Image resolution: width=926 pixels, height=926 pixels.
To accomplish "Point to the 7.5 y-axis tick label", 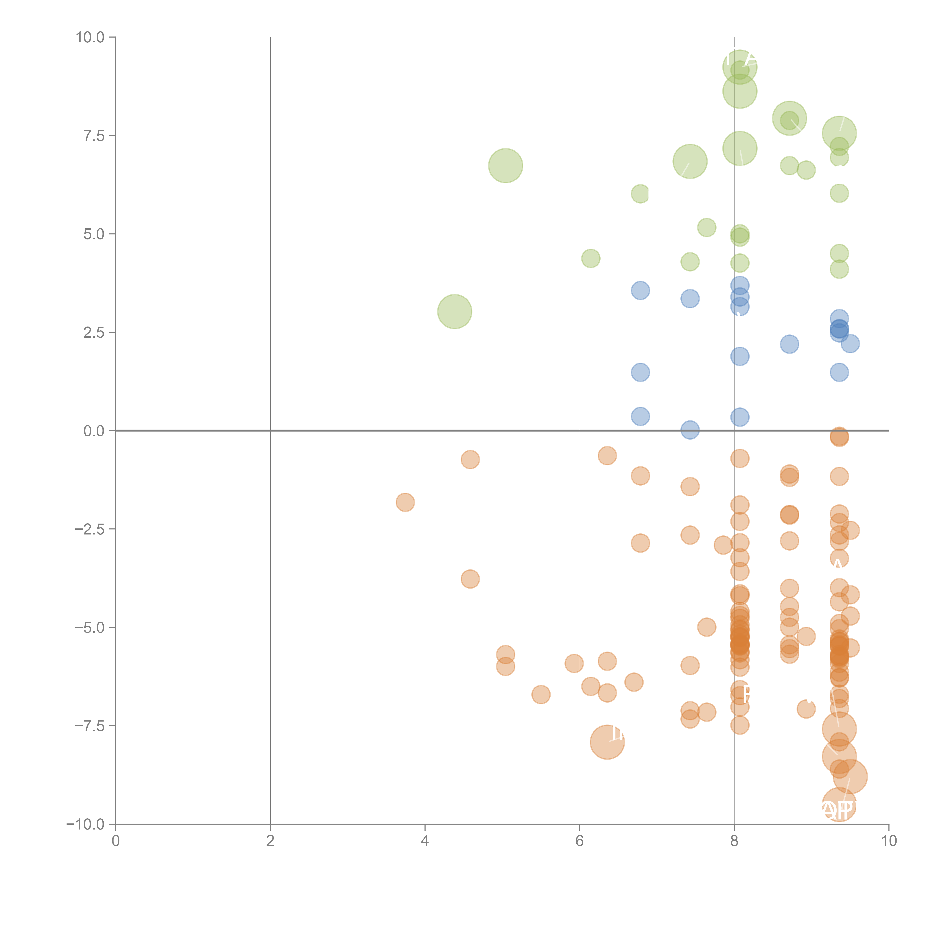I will pos(94,136).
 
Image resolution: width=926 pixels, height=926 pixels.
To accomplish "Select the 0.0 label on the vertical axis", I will pos(94,431).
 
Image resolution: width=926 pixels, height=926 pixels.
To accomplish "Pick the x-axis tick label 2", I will pos(270,841).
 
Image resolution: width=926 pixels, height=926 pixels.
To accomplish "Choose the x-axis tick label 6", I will pos(579,841).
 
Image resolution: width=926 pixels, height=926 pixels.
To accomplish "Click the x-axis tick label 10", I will pos(889,841).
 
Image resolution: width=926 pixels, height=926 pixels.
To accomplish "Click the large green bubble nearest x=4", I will pos(454,312).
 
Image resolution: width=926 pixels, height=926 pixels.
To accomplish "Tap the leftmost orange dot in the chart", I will pos(405,502).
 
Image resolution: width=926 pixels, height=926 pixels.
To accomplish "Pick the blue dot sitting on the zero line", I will pos(690,430).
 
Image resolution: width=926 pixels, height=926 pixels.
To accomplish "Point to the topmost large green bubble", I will pos(740,67).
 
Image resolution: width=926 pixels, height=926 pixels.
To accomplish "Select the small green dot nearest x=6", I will pos(590,258).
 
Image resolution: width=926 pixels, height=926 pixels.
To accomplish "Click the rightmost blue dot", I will pos(850,344).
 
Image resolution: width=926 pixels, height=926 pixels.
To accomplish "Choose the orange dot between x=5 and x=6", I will pos(541,694).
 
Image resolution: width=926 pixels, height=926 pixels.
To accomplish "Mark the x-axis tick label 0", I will pos(116,841).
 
